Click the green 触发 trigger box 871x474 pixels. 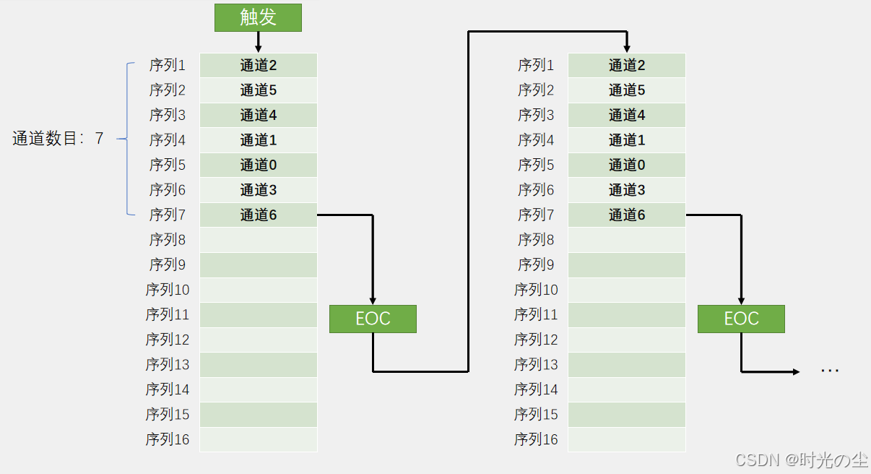tap(258, 17)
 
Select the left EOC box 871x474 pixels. tap(373, 319)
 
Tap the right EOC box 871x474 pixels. tap(741, 319)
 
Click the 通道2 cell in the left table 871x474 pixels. tap(259, 65)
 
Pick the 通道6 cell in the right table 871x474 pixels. tap(627, 215)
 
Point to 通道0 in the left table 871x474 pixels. tap(259, 165)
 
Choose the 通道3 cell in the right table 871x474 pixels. tap(627, 190)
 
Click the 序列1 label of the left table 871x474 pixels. tap(168, 65)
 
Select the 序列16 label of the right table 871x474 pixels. tap(536, 439)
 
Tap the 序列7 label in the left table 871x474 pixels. tap(168, 215)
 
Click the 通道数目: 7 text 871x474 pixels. tap(58, 139)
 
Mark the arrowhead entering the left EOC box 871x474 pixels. tap(373, 301)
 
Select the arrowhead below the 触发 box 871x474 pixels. tap(258, 48)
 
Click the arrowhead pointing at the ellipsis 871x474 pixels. tap(796, 371)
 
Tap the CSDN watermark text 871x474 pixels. tap(801, 460)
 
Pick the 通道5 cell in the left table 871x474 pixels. tap(259, 90)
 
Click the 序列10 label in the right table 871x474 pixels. tap(536, 290)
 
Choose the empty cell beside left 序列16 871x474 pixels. tap(259, 439)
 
